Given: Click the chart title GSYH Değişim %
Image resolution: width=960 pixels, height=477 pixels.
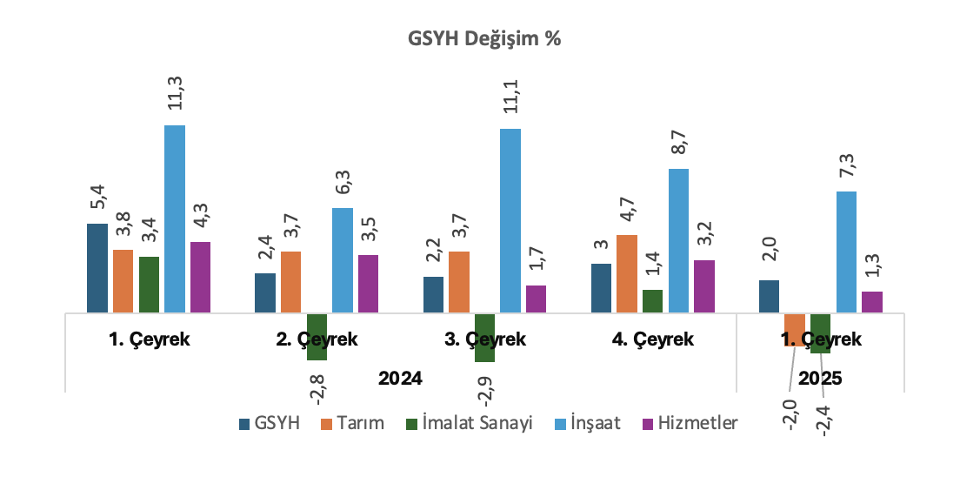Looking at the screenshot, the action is pos(484,38).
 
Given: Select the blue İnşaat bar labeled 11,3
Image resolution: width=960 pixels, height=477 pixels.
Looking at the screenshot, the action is pos(175,218).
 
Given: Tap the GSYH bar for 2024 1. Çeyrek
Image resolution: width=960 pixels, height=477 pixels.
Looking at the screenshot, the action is pos(97,268).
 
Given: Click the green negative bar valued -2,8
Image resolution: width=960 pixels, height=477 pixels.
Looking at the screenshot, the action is pos(317,337).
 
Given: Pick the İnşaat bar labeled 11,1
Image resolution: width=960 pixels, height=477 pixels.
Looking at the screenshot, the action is pos(510,221).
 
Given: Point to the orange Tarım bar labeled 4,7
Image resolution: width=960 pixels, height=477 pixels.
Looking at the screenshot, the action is pos(627,273).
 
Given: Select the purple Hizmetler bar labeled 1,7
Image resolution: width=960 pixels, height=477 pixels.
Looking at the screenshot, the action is pos(536,299).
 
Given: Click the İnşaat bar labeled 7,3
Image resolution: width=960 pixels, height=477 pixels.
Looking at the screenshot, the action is pos(846,252).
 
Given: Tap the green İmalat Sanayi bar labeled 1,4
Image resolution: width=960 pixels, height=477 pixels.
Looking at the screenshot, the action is pos(653,301).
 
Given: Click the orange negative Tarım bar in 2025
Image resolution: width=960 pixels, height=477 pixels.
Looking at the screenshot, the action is pos(795,330).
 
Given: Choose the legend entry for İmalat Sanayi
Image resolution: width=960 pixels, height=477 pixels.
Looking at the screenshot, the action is pos(470,423).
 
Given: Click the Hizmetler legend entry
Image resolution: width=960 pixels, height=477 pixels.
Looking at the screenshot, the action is pos(690,423).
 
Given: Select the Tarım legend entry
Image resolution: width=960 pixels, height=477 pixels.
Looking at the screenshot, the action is pos(353,423).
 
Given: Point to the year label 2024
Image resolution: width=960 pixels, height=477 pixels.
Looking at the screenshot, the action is pos(400,379).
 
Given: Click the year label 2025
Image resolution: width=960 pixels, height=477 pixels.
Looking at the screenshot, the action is pos(820,379).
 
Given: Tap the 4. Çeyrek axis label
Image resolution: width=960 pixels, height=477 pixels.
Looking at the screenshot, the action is pos(653,339).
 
